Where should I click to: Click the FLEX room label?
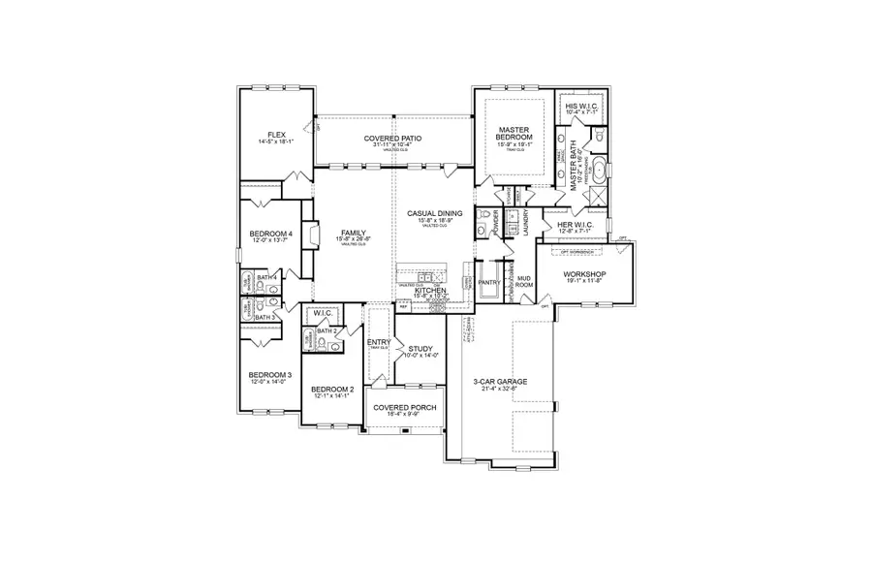coord(275,135)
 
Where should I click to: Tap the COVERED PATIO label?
coord(393,139)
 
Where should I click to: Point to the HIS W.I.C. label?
coord(584,106)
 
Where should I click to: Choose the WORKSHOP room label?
coord(584,274)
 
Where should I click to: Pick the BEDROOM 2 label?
coord(331,389)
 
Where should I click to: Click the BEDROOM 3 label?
coord(268,375)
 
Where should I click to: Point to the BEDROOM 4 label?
coord(269,234)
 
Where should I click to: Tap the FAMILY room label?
coord(351,234)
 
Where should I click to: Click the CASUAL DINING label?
coord(434,213)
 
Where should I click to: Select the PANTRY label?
coord(487,283)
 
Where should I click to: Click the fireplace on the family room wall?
coord(308,236)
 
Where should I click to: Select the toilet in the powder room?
coord(481,230)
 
